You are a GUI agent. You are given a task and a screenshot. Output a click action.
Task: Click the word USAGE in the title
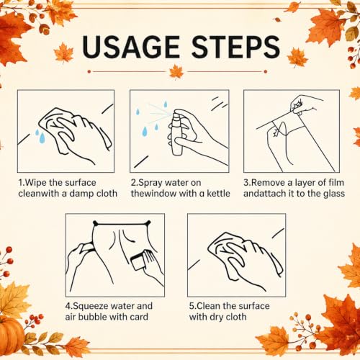coord(131,47)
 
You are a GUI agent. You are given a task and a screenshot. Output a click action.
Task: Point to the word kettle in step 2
coord(218,194)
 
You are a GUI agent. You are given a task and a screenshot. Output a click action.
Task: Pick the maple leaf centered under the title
coord(176,72)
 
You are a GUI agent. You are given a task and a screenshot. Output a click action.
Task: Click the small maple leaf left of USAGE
coord(63,53)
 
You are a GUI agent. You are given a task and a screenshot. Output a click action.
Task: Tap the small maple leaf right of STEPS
coord(297,57)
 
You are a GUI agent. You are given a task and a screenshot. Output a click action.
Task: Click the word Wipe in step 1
coord(36,183)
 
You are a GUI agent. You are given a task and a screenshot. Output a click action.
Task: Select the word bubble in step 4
coord(94,317)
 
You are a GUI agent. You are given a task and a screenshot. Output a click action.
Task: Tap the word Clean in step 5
coord(209,306)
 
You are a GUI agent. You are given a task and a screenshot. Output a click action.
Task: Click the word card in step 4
coord(139,317)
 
